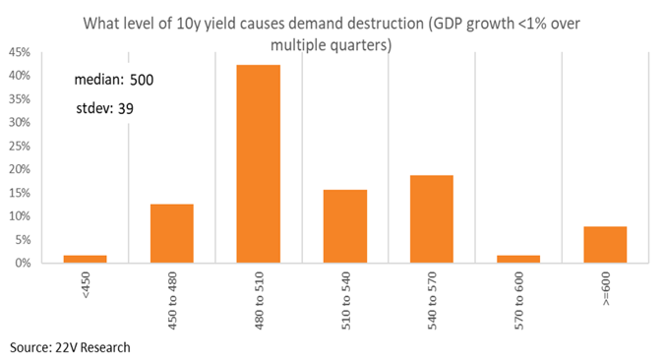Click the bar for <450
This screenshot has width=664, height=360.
pos(86,259)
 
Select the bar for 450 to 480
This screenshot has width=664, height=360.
pos(172,233)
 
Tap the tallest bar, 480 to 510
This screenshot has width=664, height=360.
pos(259,164)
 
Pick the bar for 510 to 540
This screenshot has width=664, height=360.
pos(345,226)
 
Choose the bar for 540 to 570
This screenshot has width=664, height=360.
pos(432,219)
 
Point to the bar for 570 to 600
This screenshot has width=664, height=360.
pos(518,259)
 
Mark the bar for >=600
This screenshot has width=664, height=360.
pos(605,245)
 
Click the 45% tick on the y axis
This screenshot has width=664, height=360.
pos(20,52)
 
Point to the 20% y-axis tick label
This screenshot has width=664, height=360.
pos(20,169)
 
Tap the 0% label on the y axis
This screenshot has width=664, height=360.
pos(23,263)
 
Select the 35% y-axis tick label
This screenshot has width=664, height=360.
pos(20,99)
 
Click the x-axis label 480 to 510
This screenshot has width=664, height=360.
pos(259,301)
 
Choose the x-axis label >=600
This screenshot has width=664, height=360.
pos(606,289)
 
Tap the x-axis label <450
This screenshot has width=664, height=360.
pos(86,285)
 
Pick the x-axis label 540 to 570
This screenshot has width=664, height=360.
pos(432,301)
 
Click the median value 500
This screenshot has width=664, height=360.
pos(142,80)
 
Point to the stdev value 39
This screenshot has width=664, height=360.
pos(126,109)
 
